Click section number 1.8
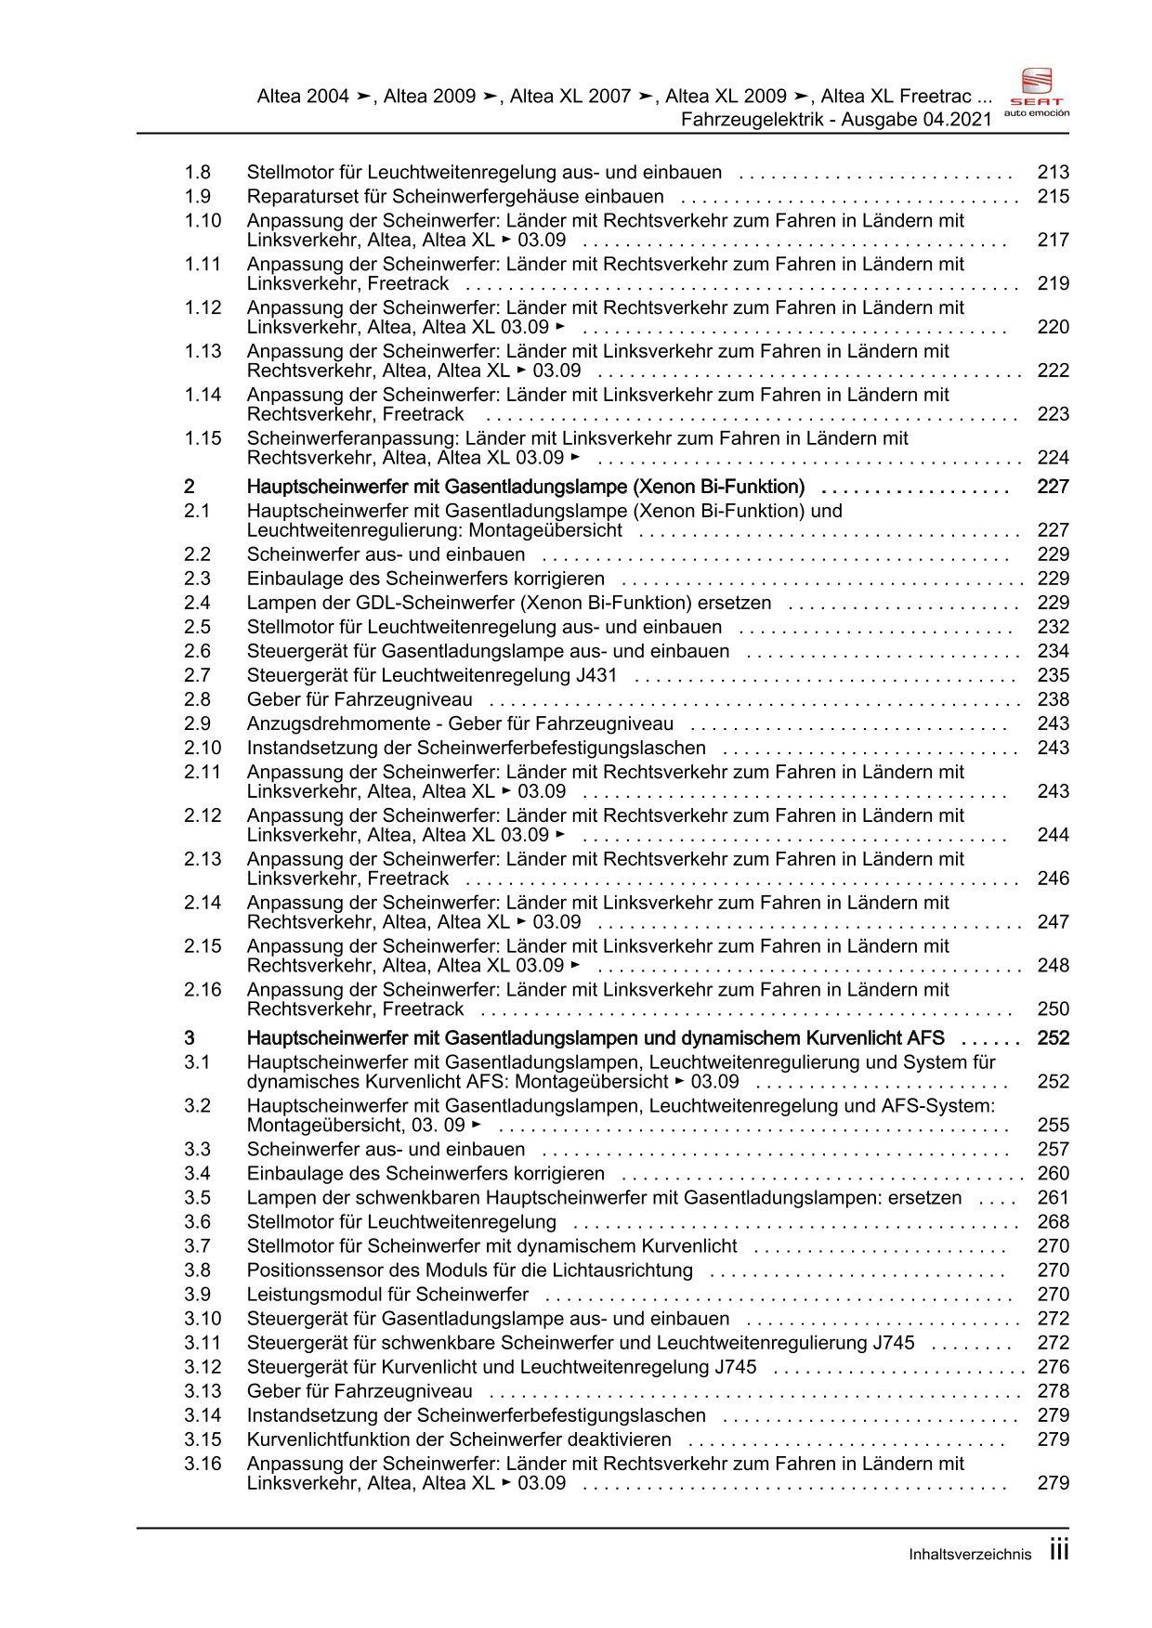click(x=197, y=172)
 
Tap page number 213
click(x=1053, y=172)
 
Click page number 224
click(x=1053, y=457)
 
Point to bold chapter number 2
click(x=190, y=487)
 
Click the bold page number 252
click(x=1053, y=1038)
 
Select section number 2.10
click(x=203, y=748)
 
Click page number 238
click(x=1053, y=699)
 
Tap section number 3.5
click(x=197, y=1198)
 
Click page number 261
click(x=1053, y=1198)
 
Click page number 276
click(x=1053, y=1367)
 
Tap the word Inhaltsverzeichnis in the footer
click(x=970, y=1555)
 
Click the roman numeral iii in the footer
click(x=1059, y=1551)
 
